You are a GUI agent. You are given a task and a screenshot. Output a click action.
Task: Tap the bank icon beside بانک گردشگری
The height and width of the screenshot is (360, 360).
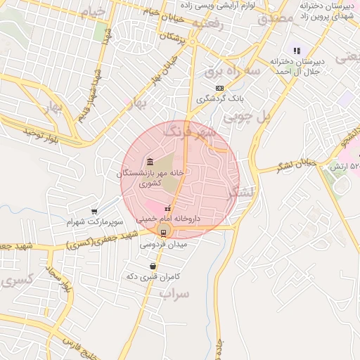[x=220, y=88]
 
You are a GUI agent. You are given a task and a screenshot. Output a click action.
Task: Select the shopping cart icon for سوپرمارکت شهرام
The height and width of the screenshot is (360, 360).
[x=94, y=211]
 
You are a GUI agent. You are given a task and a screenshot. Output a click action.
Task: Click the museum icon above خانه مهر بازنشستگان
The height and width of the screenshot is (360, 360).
[x=149, y=161]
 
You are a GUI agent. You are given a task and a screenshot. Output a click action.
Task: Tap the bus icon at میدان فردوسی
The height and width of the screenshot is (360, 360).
[x=164, y=233]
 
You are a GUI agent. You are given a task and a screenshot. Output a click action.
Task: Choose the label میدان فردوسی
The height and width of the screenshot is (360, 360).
[x=163, y=244]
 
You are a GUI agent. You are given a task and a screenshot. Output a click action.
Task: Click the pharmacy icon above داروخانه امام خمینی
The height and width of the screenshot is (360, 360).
[x=167, y=208]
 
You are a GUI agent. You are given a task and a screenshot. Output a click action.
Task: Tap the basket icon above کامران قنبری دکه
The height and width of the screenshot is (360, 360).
[x=153, y=266]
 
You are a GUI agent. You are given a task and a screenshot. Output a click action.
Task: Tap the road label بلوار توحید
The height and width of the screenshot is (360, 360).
[x=47, y=133]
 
